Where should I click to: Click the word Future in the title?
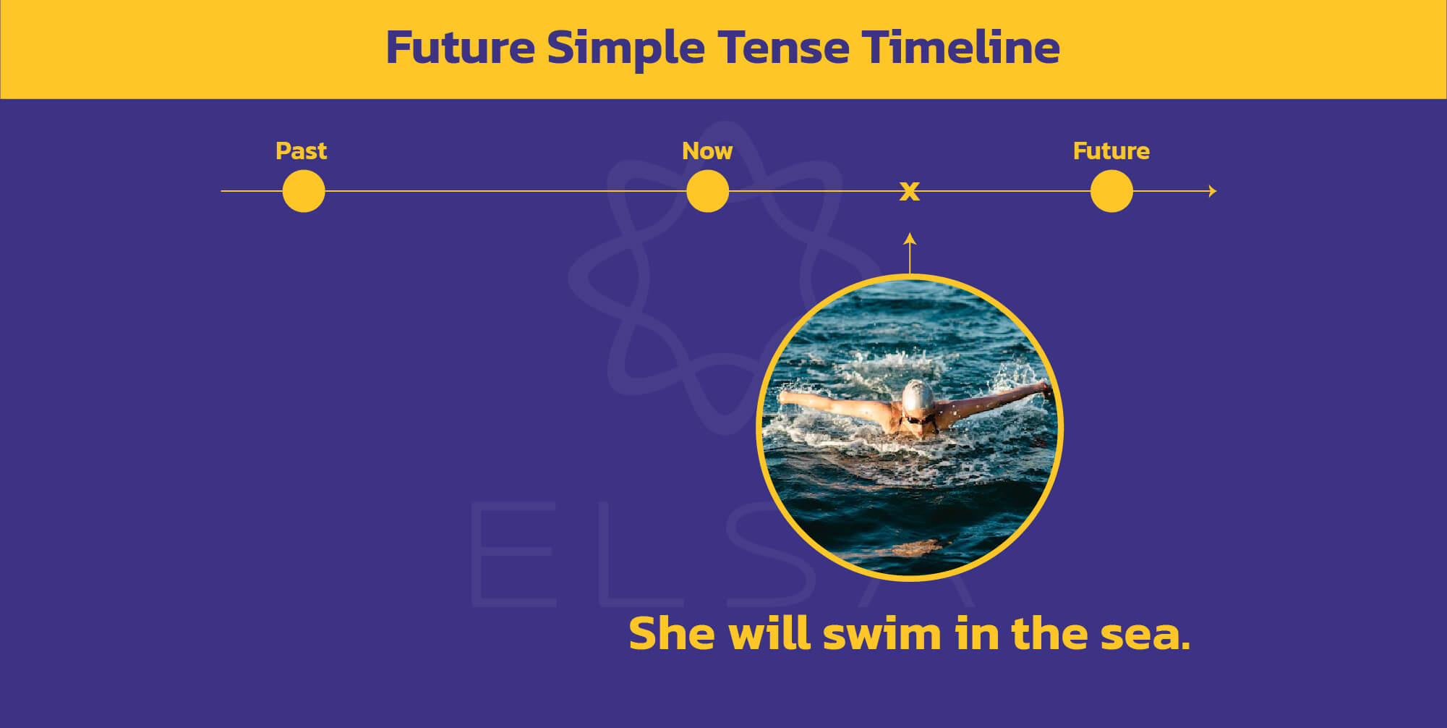[461, 48]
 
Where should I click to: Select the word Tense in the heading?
[783, 48]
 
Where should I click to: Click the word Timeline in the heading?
[960, 47]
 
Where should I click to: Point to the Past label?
[302, 151]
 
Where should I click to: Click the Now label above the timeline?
[707, 151]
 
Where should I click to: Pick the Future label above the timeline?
[1111, 151]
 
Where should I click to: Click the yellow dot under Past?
[304, 191]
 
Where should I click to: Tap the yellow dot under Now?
[707, 191]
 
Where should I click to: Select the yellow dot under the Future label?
[1111, 191]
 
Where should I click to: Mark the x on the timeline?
[910, 191]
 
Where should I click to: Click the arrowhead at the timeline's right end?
[1213, 191]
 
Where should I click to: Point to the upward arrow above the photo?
[910, 253]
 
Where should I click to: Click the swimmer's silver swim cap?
[917, 397]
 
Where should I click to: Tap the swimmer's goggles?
[919, 419]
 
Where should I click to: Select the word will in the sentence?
[769, 633]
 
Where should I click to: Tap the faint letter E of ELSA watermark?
[514, 554]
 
